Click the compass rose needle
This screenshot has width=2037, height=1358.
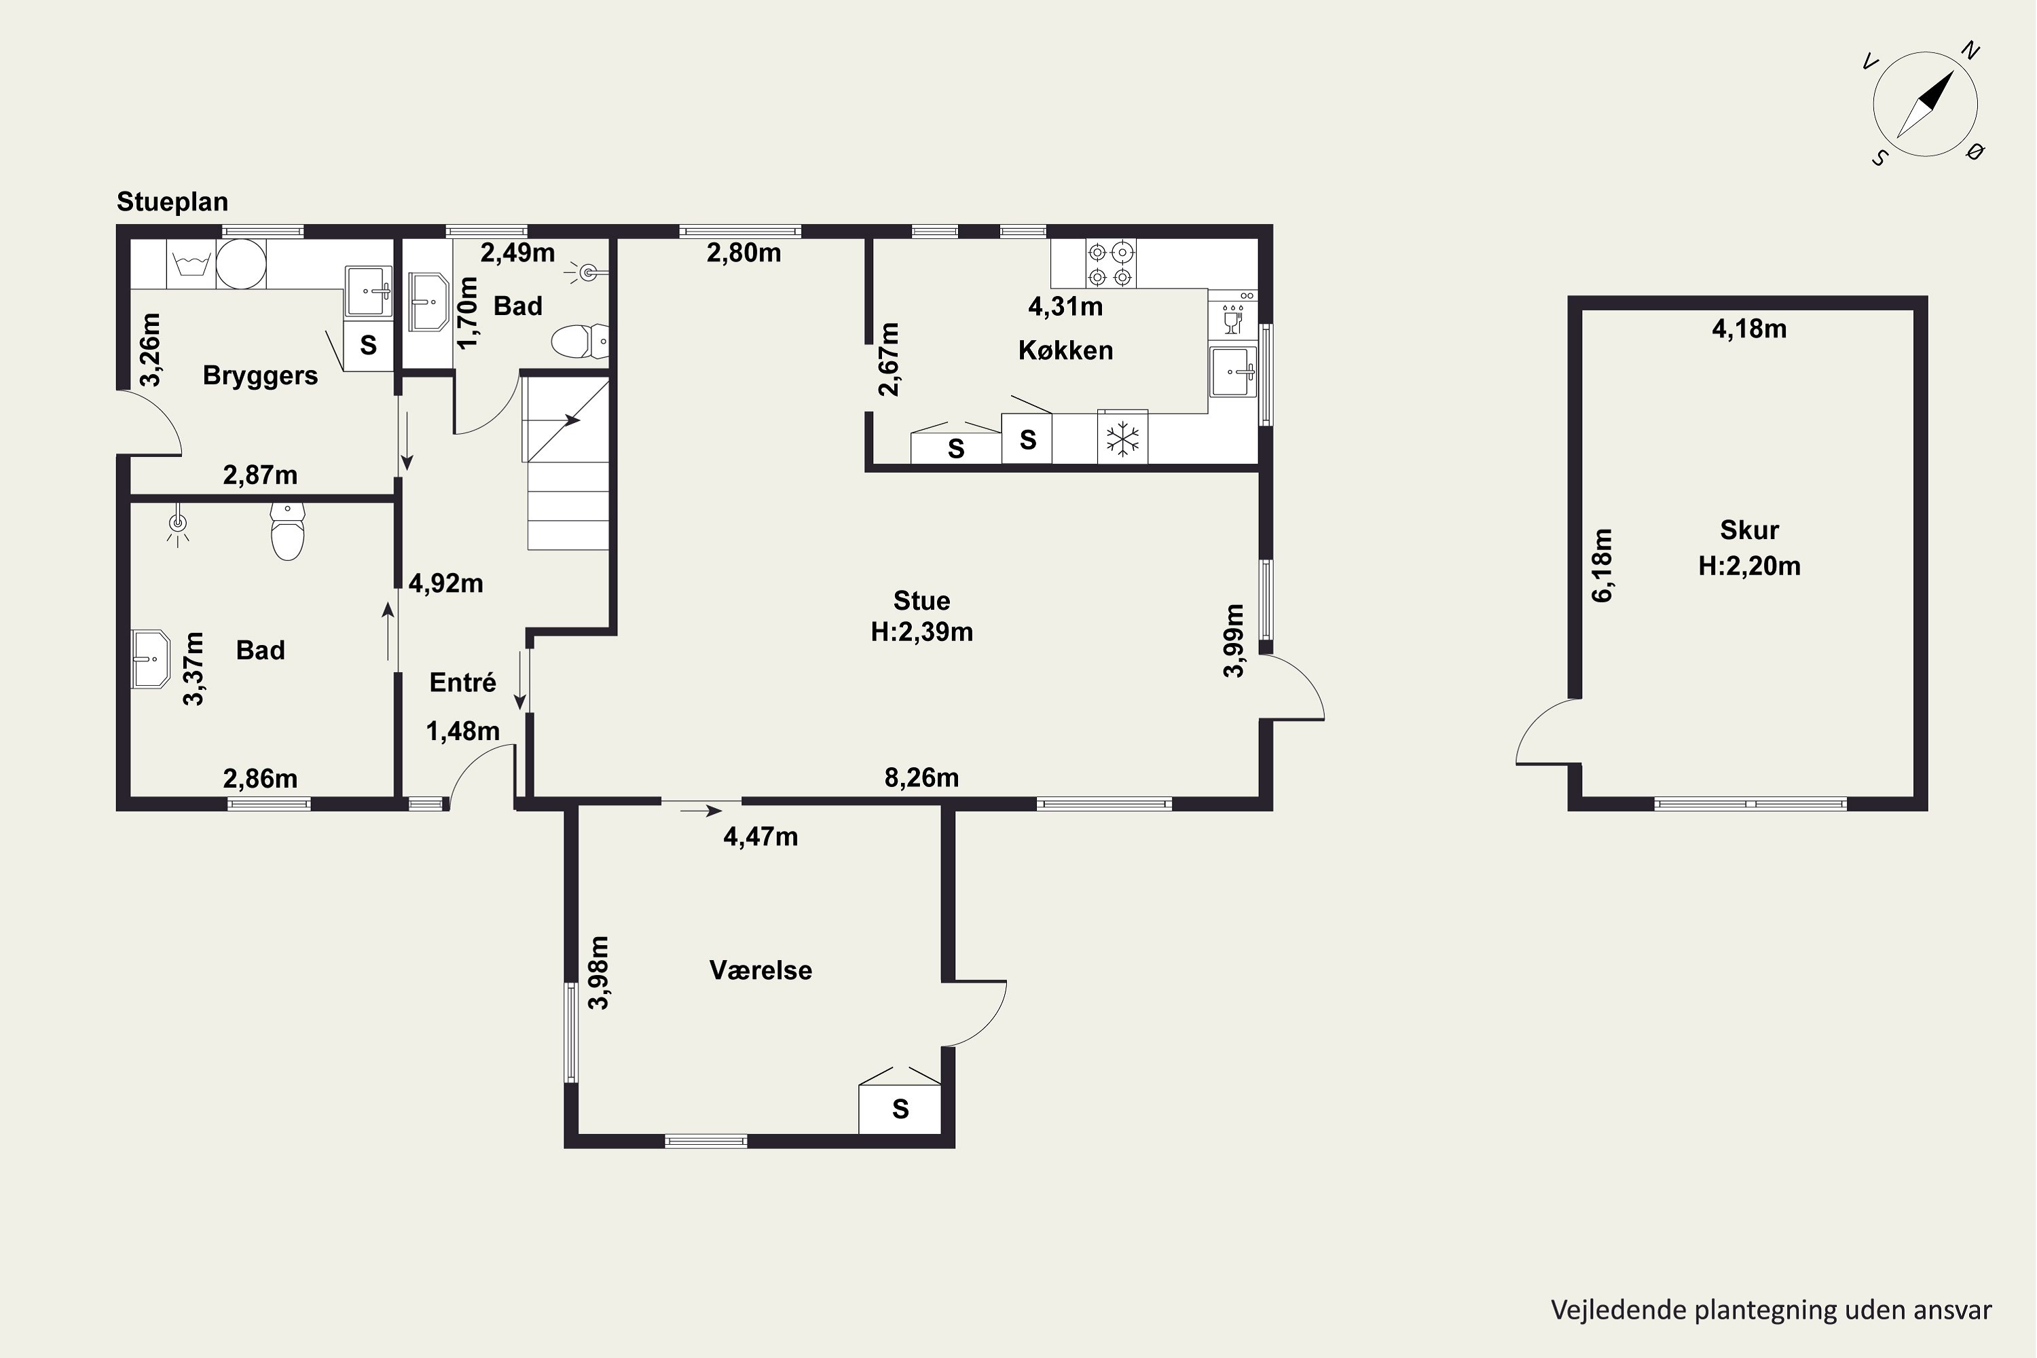tap(1925, 104)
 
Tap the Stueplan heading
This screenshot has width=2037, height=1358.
tap(172, 202)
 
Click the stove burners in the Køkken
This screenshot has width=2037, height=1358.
tap(1110, 264)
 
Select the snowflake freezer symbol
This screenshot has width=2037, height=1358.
tap(1122, 439)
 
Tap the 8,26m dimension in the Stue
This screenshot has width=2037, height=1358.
tap(921, 777)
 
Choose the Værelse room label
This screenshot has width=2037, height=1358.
tap(760, 970)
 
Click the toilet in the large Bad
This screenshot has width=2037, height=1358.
tap(287, 531)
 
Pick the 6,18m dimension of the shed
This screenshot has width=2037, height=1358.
tap(1602, 565)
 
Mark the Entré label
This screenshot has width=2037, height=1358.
tap(462, 682)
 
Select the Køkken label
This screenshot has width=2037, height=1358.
tap(1065, 351)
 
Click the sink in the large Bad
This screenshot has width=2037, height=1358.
tap(151, 659)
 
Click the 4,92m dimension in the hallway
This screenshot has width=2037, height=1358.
tap(445, 584)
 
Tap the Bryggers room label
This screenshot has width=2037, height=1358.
tap(260, 376)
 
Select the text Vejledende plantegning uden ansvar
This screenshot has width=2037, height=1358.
tap(1771, 1310)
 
